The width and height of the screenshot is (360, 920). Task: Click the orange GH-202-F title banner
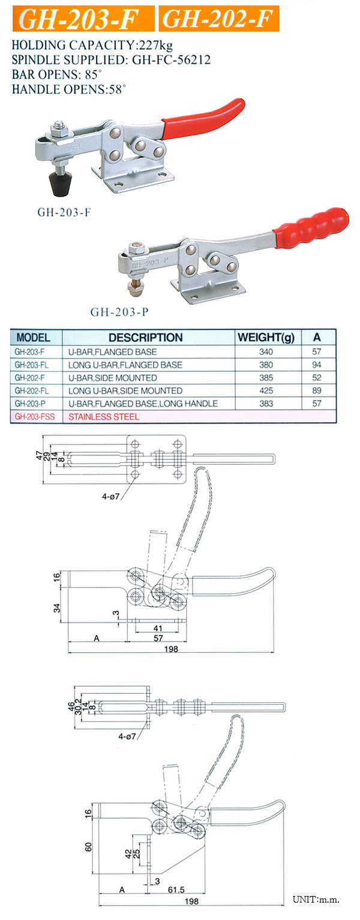pyautogui.click(x=219, y=20)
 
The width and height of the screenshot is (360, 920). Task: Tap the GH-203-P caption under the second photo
pyautogui.click(x=119, y=312)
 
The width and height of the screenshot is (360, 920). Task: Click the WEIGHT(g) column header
pyautogui.click(x=266, y=338)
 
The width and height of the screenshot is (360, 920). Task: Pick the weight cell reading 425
pyautogui.click(x=266, y=390)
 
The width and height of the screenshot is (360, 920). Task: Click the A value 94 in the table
pyautogui.click(x=317, y=365)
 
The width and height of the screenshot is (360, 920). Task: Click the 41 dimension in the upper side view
pyautogui.click(x=157, y=627)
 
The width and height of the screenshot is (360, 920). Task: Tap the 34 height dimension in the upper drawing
pyautogui.click(x=58, y=608)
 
